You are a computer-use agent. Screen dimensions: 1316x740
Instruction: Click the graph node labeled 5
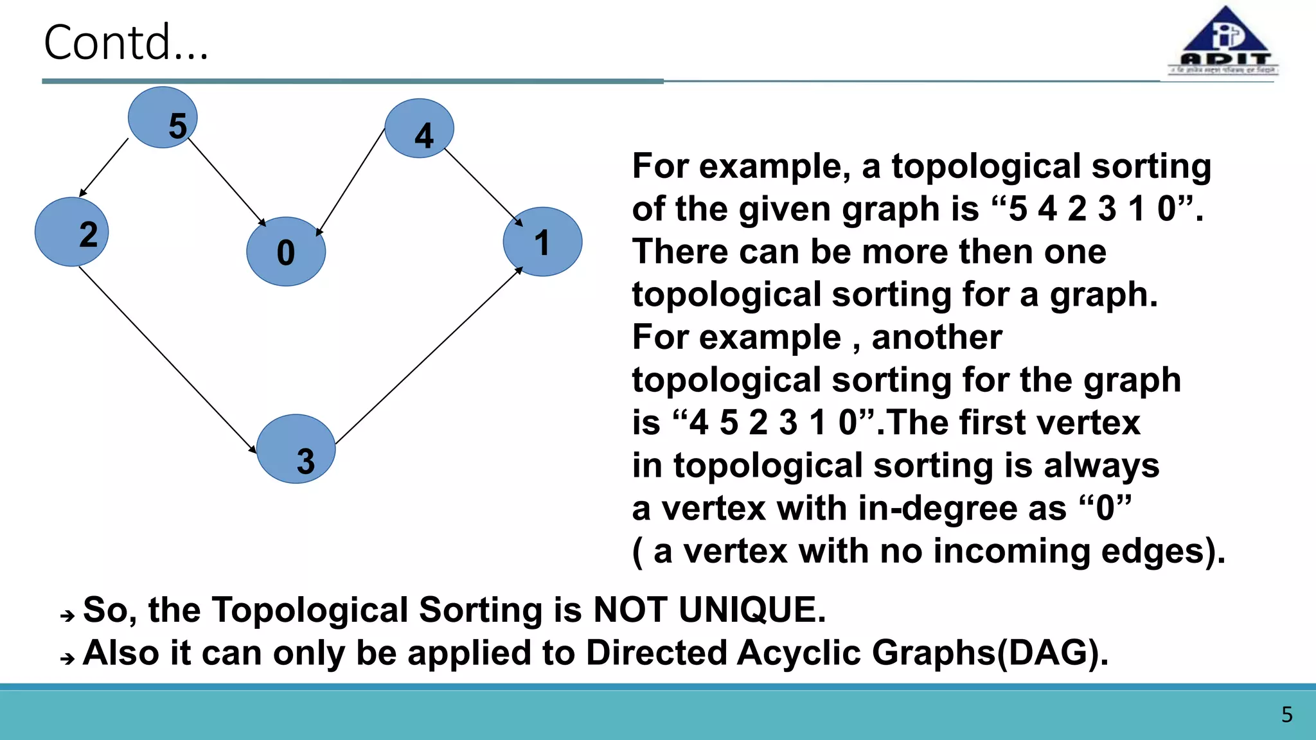click(x=163, y=118)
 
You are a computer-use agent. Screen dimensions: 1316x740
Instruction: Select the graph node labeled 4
click(x=419, y=128)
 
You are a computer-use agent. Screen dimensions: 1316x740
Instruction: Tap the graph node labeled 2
click(x=71, y=232)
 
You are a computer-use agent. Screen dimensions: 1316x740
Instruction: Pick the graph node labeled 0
click(x=286, y=251)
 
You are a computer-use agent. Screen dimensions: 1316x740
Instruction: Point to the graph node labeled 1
click(x=542, y=242)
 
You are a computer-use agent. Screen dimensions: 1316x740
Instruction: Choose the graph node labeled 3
click(x=296, y=448)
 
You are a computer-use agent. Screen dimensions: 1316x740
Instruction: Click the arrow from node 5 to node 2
click(x=104, y=167)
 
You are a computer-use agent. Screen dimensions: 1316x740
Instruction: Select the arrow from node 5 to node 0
click(x=227, y=182)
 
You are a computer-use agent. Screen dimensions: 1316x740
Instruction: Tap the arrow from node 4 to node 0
click(x=351, y=182)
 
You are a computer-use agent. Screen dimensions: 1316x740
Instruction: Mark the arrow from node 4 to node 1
click(x=483, y=186)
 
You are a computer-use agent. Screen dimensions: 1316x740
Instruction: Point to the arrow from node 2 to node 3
click(x=167, y=360)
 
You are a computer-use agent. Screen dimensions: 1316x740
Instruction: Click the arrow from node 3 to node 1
click(x=429, y=356)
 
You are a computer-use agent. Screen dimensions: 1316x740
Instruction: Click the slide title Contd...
click(x=126, y=42)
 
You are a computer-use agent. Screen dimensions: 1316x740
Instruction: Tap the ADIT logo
click(x=1224, y=42)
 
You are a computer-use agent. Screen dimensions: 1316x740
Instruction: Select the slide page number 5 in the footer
click(x=1286, y=714)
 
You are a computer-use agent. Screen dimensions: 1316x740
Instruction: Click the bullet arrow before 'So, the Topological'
click(x=67, y=616)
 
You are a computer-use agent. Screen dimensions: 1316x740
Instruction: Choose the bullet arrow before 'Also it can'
click(x=67, y=658)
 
